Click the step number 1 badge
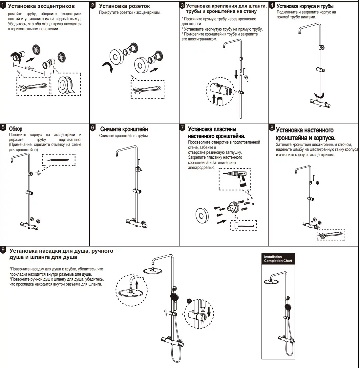pyautogui.click(x=3, y=6)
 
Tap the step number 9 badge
pyautogui.click(x=3, y=250)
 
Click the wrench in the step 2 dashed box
pyautogui.click(x=146, y=89)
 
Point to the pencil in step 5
pyautogui.click(x=58, y=160)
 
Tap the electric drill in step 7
pyautogui.click(x=235, y=178)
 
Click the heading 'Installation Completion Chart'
pyautogui.click(x=278, y=259)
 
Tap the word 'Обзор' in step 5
pyautogui.click(x=16, y=129)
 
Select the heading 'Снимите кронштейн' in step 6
pyautogui.click(x=124, y=129)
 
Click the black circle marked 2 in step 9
pyautogui.click(x=189, y=301)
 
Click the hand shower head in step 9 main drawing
pyautogui.click(x=174, y=297)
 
